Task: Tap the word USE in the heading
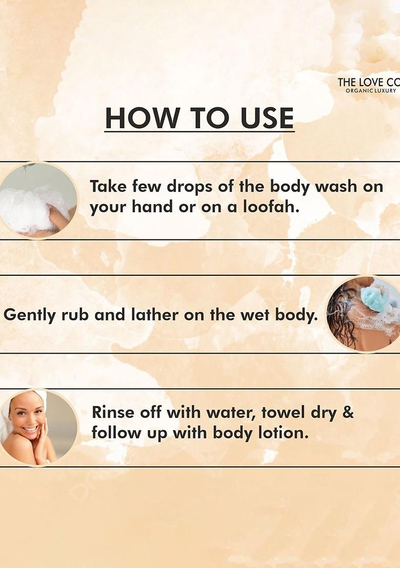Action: point(267,118)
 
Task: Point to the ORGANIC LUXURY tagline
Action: point(371,91)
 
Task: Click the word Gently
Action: point(30,315)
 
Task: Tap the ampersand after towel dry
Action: point(348,412)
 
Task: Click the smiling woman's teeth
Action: point(30,429)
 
